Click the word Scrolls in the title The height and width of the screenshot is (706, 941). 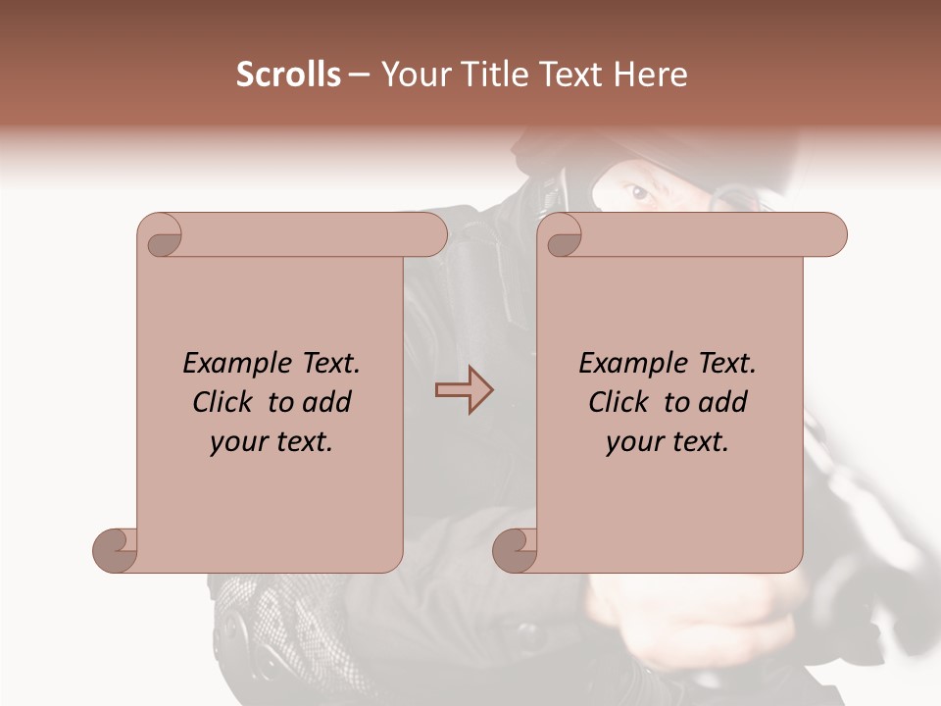[288, 75]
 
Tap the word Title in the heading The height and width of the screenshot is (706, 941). [496, 75]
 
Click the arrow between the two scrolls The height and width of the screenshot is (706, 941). [464, 390]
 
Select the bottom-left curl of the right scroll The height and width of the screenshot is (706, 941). [515, 549]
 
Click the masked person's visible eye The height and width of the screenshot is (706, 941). [641, 193]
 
